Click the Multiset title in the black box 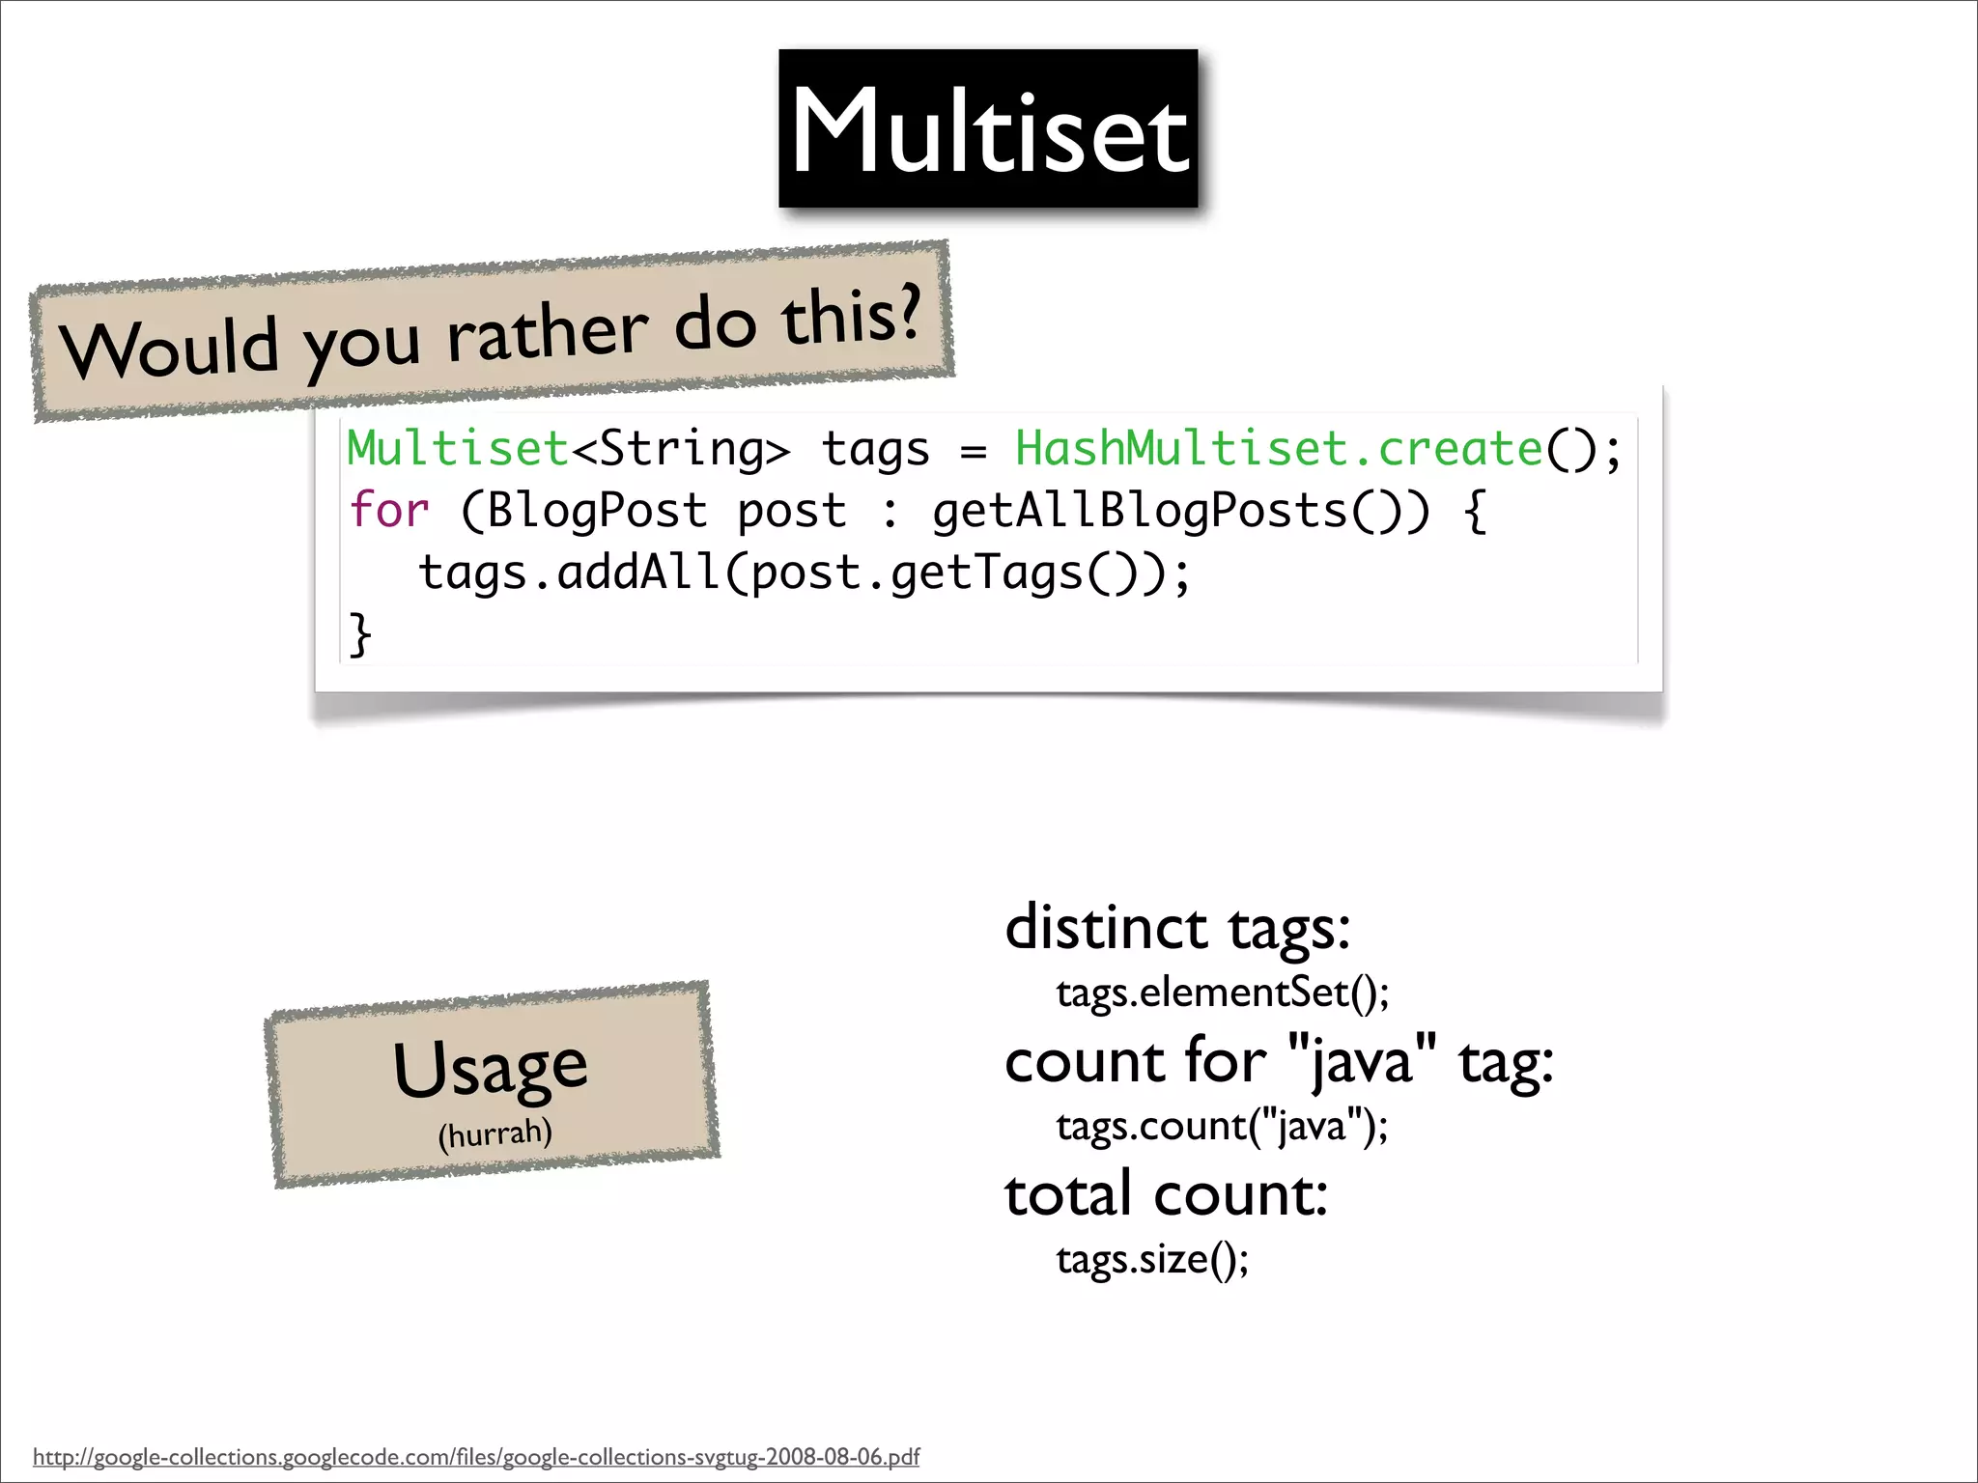(x=989, y=130)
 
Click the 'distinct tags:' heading (x=1177, y=929)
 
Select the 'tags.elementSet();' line (x=1222, y=993)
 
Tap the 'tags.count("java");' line (x=1222, y=1126)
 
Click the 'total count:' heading (x=1166, y=1195)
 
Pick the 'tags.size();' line (x=1152, y=1259)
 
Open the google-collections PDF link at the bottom (x=476, y=1456)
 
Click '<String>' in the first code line (x=682, y=449)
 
